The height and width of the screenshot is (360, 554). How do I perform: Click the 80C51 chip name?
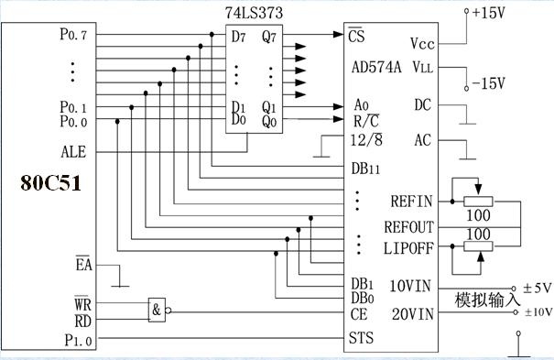click(51, 183)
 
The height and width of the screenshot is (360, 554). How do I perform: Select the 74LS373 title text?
click(254, 13)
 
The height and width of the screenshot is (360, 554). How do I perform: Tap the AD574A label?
click(376, 67)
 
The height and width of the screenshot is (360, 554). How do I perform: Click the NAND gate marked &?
click(157, 310)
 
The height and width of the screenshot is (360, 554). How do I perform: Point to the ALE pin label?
click(73, 152)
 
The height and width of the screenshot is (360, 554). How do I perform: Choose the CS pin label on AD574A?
click(356, 35)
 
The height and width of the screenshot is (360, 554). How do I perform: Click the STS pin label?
click(361, 338)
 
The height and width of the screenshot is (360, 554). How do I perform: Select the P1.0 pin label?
click(78, 340)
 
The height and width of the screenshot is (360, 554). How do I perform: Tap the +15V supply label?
click(489, 13)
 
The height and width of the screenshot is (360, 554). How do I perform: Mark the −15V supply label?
click(489, 83)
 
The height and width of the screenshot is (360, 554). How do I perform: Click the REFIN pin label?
click(411, 202)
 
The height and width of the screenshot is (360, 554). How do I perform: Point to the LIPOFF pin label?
click(408, 248)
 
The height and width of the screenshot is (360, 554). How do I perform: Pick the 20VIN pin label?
click(413, 314)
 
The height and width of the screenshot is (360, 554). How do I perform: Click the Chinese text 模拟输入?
click(487, 300)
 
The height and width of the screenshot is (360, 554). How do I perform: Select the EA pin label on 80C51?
click(83, 264)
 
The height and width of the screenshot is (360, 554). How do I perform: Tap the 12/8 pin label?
click(366, 140)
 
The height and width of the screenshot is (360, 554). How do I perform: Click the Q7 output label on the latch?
click(269, 37)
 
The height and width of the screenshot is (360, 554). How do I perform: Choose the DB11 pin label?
click(365, 169)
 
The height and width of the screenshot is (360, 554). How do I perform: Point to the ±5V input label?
click(537, 288)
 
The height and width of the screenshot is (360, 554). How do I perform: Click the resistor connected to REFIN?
click(478, 202)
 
